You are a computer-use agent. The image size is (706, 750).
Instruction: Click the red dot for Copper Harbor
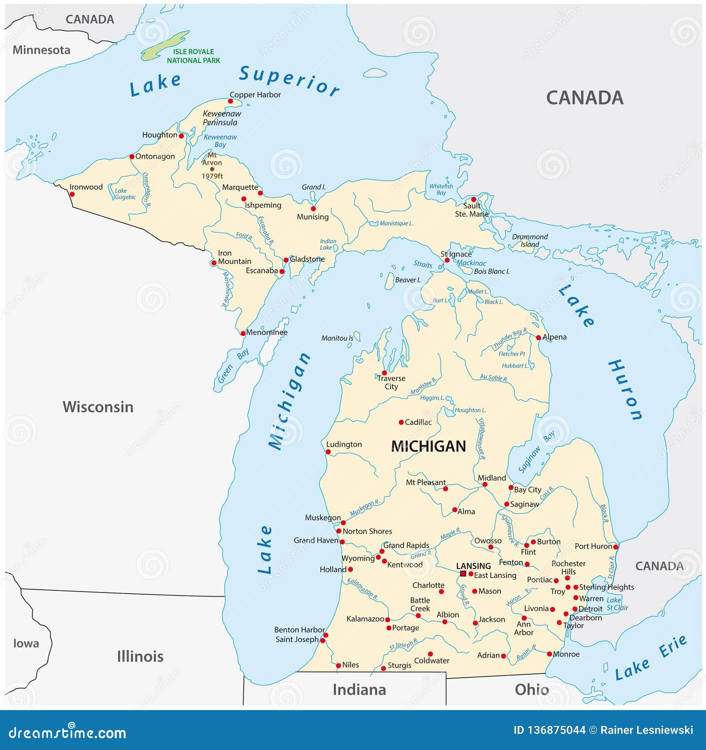pyautogui.click(x=230, y=101)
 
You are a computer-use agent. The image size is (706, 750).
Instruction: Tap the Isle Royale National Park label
pyautogui.click(x=193, y=56)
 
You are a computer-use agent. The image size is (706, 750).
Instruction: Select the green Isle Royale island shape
pyautogui.click(x=165, y=46)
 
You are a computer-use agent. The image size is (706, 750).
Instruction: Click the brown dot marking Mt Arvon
pyautogui.click(x=212, y=169)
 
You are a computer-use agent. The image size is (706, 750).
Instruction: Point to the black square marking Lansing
pyautogui.click(x=463, y=573)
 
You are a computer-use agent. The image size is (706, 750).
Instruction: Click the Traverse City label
pyautogui.click(x=391, y=382)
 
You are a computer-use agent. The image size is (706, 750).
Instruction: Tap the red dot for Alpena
pyautogui.click(x=538, y=338)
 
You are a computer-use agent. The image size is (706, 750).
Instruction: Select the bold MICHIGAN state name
pyautogui.click(x=428, y=446)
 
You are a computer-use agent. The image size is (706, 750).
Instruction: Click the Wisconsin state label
pyautogui.click(x=98, y=407)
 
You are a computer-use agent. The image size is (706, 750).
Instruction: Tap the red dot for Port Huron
pyautogui.click(x=615, y=547)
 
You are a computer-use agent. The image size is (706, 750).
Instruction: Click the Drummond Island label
pyautogui.click(x=530, y=240)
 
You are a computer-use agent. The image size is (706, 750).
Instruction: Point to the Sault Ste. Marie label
pyautogui.click(x=471, y=209)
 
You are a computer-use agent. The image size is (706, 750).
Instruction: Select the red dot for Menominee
pyautogui.click(x=243, y=333)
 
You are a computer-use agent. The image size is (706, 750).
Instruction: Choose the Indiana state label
pyautogui.click(x=359, y=689)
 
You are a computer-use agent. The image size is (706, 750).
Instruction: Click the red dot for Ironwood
pyautogui.click(x=72, y=194)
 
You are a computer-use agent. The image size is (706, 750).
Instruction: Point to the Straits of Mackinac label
pyautogui.click(x=449, y=264)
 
